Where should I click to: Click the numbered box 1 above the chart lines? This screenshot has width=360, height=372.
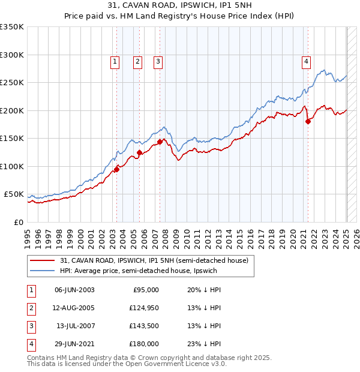(114, 61)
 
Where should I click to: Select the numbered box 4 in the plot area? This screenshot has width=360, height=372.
(306, 61)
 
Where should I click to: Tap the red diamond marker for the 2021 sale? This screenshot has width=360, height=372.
(308, 121)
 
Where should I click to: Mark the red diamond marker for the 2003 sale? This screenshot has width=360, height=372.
(116, 169)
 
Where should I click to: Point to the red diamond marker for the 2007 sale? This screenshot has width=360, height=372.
(160, 142)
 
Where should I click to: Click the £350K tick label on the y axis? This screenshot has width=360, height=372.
(12, 27)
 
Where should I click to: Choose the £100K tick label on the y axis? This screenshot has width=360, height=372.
(12, 166)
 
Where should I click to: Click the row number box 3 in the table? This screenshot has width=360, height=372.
(31, 326)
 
